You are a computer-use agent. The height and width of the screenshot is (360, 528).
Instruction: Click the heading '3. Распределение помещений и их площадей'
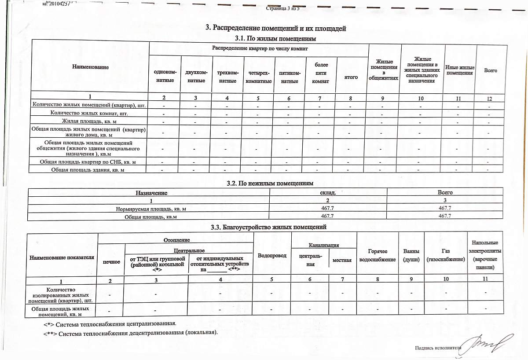click(276, 28)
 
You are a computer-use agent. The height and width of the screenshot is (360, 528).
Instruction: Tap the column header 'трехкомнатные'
click(228, 76)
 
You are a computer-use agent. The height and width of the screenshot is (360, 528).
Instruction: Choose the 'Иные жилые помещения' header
click(459, 70)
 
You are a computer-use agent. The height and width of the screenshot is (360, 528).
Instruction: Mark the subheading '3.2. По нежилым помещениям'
click(275, 183)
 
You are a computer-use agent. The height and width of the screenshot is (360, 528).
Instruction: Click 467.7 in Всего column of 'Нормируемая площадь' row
click(445, 207)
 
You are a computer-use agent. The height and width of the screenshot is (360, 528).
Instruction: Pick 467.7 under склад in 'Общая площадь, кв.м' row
click(327, 216)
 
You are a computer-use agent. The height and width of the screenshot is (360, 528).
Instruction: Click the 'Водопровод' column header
click(272, 255)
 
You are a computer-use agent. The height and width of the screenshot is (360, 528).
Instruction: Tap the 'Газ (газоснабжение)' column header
click(446, 255)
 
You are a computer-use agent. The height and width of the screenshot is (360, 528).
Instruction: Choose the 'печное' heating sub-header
click(111, 261)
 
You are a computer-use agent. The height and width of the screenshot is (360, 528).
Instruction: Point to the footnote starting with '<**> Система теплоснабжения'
click(130, 332)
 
